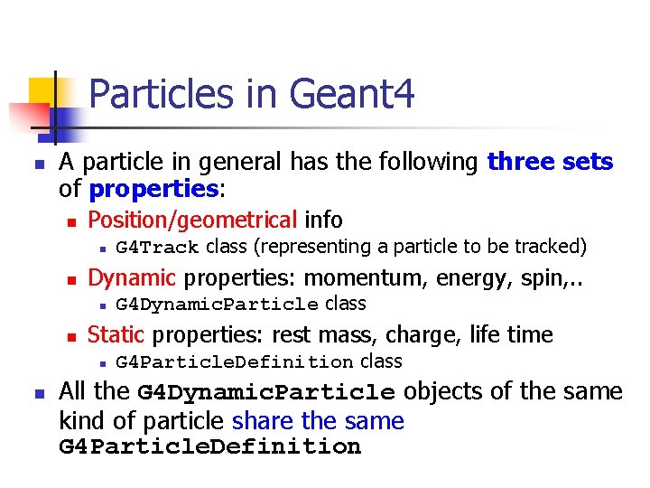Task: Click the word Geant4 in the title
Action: [352, 94]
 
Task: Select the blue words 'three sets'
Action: [550, 163]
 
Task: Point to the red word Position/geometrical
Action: [192, 220]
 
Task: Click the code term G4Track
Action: [158, 248]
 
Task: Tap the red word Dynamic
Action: [132, 277]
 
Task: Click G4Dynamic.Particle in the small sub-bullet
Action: [218, 305]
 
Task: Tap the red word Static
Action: [116, 334]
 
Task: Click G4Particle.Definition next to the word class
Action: [235, 362]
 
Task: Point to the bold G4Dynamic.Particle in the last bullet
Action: [266, 393]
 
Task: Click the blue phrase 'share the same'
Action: [318, 421]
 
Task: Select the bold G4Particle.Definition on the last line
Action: [209, 446]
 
